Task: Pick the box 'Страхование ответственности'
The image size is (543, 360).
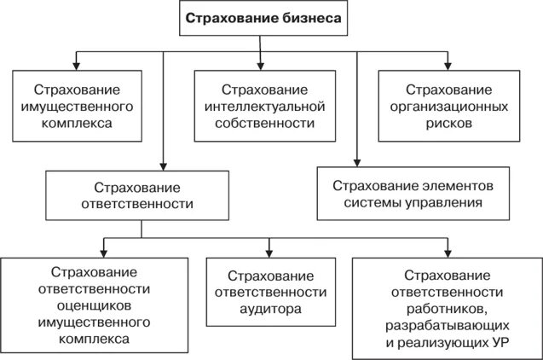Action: pyautogui.click(x=141, y=196)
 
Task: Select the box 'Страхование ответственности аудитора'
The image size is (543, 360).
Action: pyautogui.click(x=269, y=293)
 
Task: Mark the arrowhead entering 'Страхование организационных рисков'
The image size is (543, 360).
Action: pyautogui.click(x=446, y=66)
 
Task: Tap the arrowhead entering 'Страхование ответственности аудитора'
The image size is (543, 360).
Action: pyautogui.click(x=269, y=253)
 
